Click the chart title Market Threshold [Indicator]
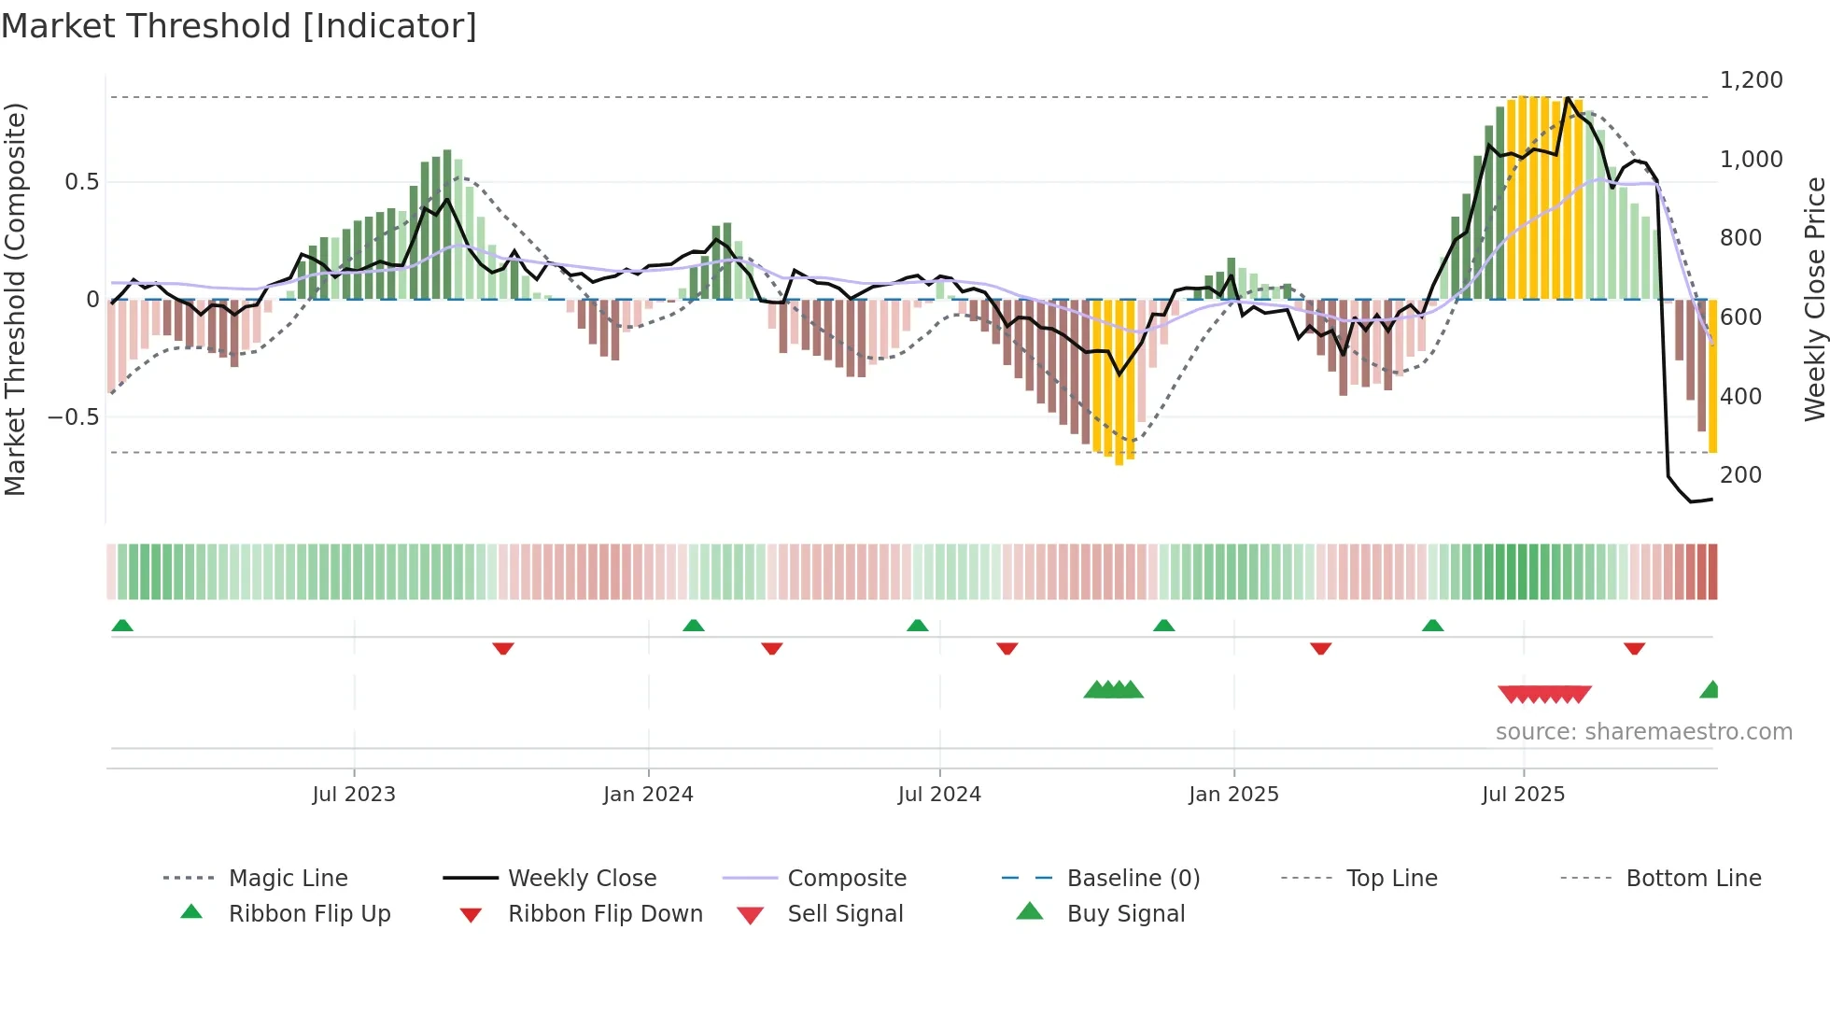click(239, 26)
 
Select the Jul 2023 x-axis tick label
click(354, 795)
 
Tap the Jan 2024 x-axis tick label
click(648, 795)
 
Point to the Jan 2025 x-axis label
click(1233, 795)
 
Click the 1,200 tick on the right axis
click(1751, 80)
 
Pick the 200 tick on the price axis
click(1740, 475)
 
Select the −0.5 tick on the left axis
click(73, 417)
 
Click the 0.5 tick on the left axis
click(81, 182)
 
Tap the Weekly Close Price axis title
click(1814, 299)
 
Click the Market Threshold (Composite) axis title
click(15, 299)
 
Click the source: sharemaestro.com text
click(1643, 732)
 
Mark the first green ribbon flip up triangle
click(122, 626)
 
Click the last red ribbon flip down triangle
click(1634, 648)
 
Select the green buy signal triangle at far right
click(1710, 690)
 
